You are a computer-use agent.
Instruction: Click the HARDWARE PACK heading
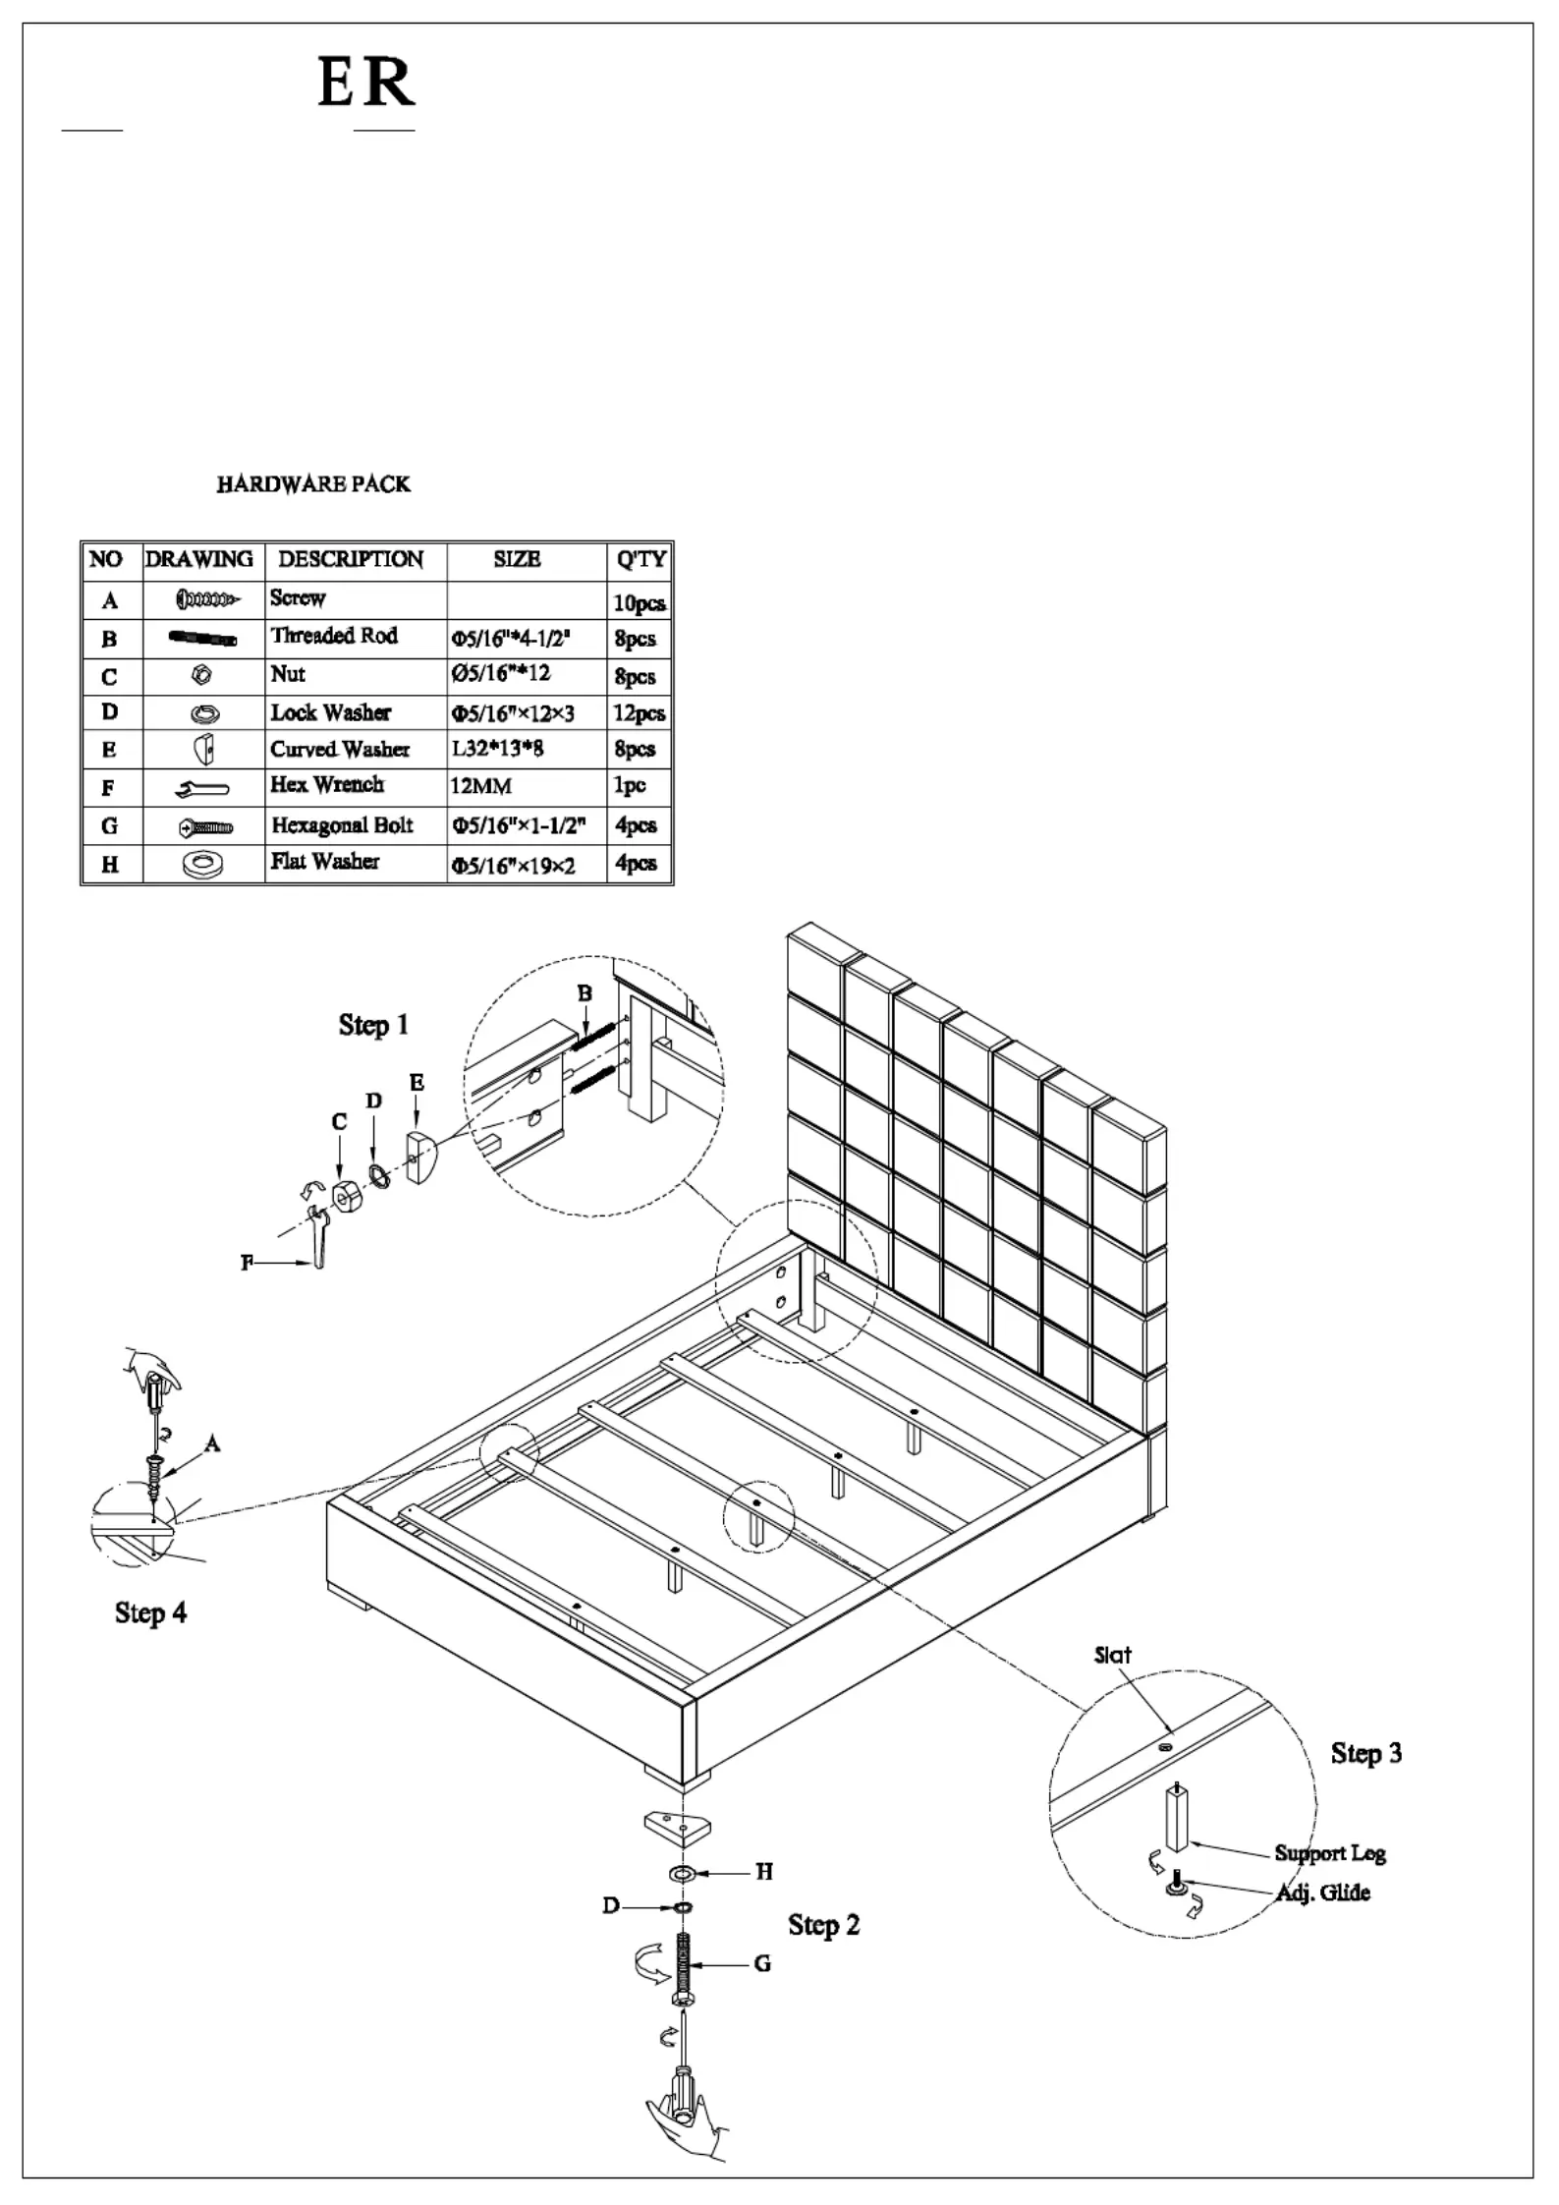pos(313,483)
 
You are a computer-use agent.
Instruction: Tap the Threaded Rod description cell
pos(334,636)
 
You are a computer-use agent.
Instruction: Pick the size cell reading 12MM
pos(481,786)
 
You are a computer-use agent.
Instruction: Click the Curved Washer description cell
pos(340,749)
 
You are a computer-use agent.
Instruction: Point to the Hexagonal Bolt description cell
pos(342,825)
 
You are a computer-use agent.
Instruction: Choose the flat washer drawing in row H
pos(203,865)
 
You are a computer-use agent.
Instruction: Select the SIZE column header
pos(517,559)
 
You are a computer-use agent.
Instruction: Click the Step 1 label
pos(373,1025)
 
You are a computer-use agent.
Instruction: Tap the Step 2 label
pos(823,1925)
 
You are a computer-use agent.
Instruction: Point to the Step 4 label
pos(150,1612)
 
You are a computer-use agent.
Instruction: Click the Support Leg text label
pos(1330,1853)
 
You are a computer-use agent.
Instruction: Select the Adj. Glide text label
pos(1322,1893)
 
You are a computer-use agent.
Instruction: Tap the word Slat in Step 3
pos(1112,1655)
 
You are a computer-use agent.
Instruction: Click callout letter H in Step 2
pos(764,1872)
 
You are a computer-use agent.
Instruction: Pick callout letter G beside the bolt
pos(762,1964)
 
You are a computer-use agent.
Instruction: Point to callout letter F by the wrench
pos(248,1263)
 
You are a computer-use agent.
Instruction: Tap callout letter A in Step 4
pos(212,1443)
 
